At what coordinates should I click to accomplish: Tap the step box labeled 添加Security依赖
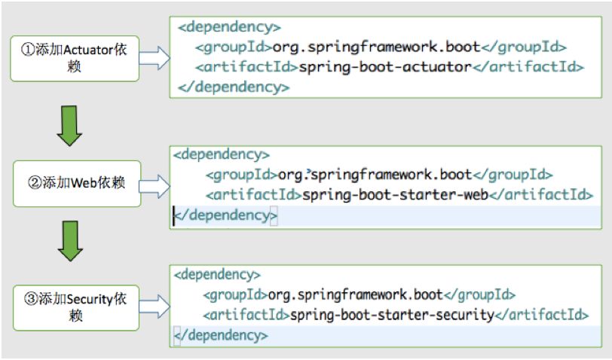tap(75, 306)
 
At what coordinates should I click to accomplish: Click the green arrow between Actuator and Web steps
tap(69, 125)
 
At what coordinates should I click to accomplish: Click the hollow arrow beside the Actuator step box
tap(155, 57)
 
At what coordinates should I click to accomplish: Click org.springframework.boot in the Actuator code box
tap(376, 47)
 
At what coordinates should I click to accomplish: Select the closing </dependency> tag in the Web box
tap(225, 215)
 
